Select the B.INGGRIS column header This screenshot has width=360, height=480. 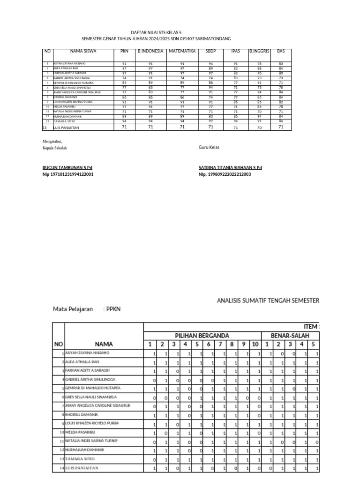(259, 51)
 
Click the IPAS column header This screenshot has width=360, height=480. (236, 51)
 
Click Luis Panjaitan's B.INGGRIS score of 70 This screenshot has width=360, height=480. (259, 127)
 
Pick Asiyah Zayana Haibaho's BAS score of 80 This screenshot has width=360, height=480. (281, 63)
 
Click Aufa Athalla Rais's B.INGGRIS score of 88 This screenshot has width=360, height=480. (259, 68)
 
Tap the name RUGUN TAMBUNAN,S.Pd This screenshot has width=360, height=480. (67, 167)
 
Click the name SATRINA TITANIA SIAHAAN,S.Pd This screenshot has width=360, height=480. (230, 167)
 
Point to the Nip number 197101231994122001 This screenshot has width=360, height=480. (68, 174)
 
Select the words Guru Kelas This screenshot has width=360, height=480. (209, 147)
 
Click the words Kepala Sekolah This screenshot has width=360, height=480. (55, 148)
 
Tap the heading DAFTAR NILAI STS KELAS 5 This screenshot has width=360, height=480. (156, 32)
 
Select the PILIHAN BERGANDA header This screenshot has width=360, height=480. (202, 336)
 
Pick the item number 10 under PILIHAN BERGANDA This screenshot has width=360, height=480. (255, 344)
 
